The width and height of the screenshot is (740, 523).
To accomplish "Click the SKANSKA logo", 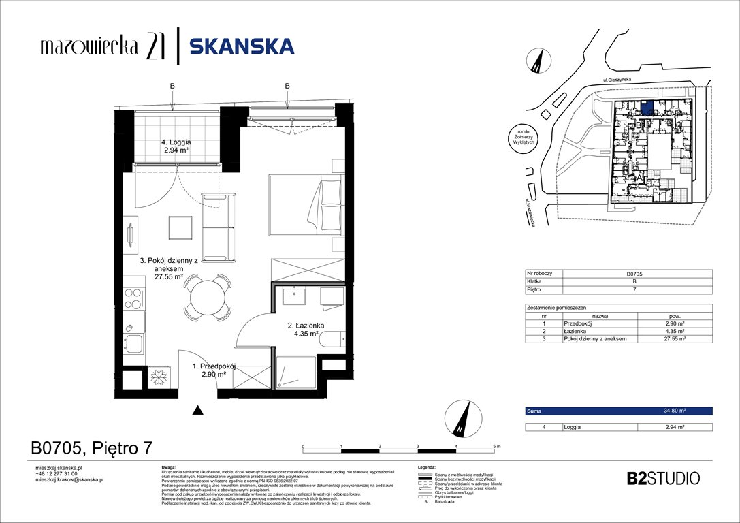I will pyautogui.click(x=241, y=46).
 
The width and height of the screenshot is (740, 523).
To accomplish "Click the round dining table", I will pyautogui.click(x=205, y=297).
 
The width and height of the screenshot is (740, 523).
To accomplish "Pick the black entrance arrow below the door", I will pyautogui.click(x=198, y=410).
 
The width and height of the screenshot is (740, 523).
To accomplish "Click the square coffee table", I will pyautogui.click(x=182, y=227).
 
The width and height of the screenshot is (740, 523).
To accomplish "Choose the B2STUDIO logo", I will pyautogui.click(x=662, y=478).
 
